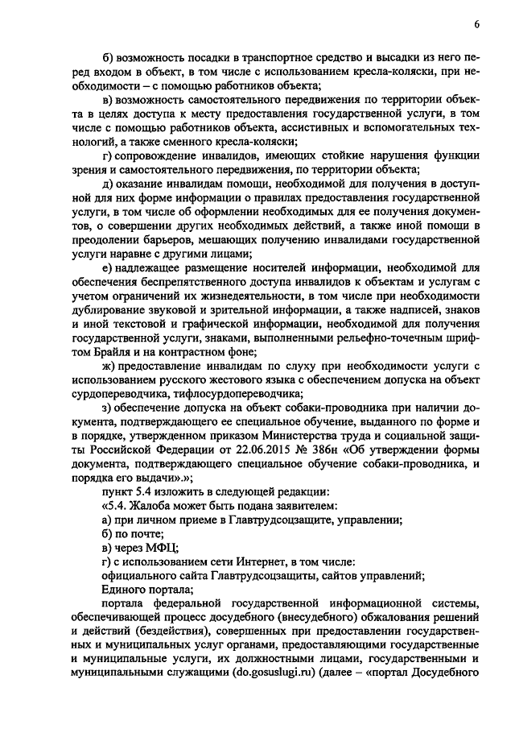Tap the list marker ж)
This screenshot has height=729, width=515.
[x=110, y=365]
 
